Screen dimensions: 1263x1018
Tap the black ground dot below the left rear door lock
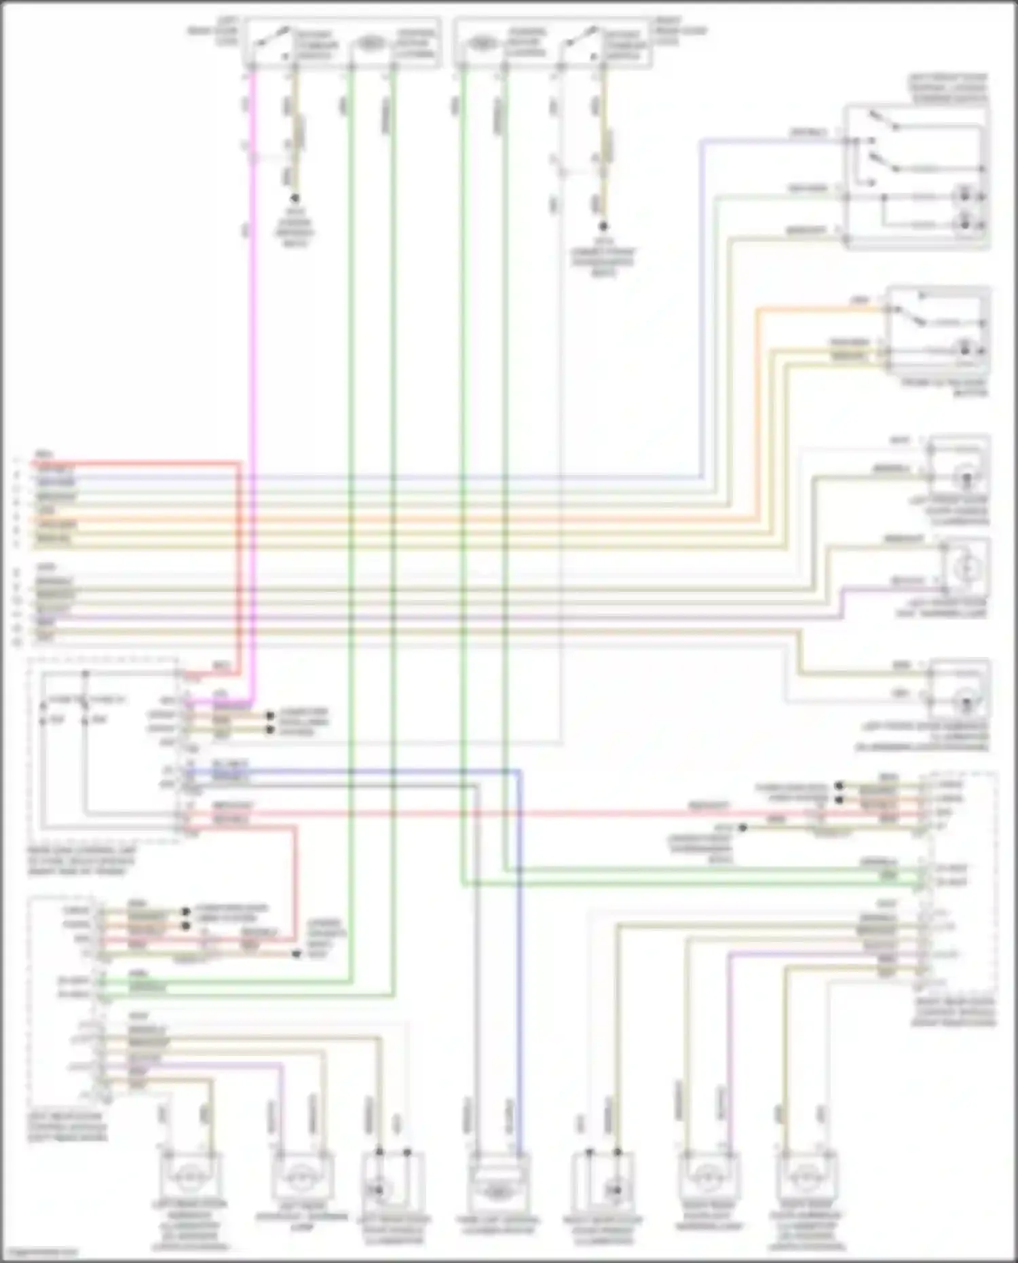[295, 199]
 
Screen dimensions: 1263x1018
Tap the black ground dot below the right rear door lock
[603, 226]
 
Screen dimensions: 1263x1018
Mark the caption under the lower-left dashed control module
[67, 1127]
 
